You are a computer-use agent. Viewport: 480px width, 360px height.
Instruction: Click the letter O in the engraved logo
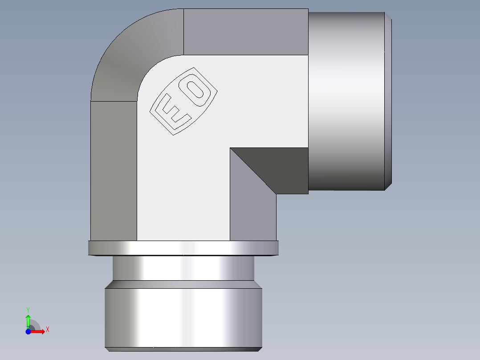tap(196, 90)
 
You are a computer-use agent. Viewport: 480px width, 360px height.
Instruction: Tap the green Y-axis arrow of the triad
tap(28, 321)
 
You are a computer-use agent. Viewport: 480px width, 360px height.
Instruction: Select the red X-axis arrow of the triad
tap(37, 331)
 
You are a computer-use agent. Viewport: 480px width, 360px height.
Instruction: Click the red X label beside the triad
tap(47, 330)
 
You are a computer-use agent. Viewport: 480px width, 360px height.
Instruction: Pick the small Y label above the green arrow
tap(28, 309)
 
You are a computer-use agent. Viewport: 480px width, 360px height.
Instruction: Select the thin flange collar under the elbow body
tap(183, 248)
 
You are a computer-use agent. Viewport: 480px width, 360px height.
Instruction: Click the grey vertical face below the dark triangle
tap(252, 214)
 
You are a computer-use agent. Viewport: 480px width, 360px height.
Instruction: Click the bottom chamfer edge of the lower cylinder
tap(183, 348)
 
